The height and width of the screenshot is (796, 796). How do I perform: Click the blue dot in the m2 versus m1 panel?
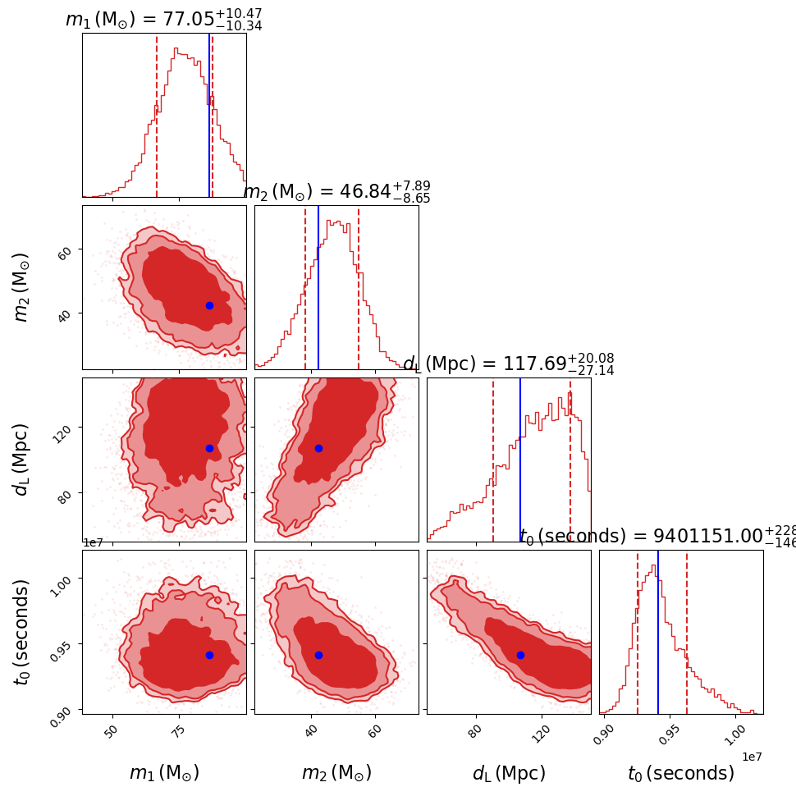pos(209,305)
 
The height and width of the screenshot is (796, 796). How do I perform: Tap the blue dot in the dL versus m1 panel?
pos(209,448)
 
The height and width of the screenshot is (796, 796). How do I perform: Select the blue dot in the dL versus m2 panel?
pos(318,448)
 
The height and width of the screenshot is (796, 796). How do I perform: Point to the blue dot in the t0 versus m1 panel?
pos(209,655)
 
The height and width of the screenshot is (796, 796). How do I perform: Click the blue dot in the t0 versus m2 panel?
pos(318,655)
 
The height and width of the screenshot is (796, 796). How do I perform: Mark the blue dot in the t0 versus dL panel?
pos(520,655)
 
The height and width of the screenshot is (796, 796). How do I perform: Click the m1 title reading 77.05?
pos(163,19)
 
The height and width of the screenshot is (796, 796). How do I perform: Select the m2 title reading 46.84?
pos(336,191)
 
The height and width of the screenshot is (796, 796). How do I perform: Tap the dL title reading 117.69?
pos(508,364)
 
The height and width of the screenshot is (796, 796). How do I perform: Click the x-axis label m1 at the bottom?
pos(164,773)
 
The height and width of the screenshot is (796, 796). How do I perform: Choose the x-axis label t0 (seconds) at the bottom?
pos(681,773)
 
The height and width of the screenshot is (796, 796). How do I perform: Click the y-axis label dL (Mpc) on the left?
pos(22,460)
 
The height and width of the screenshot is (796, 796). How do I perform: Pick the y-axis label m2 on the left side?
pos(22,287)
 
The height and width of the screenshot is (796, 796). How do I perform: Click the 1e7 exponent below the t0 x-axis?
pos(752,756)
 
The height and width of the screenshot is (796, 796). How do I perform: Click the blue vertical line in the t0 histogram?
pos(658,632)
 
